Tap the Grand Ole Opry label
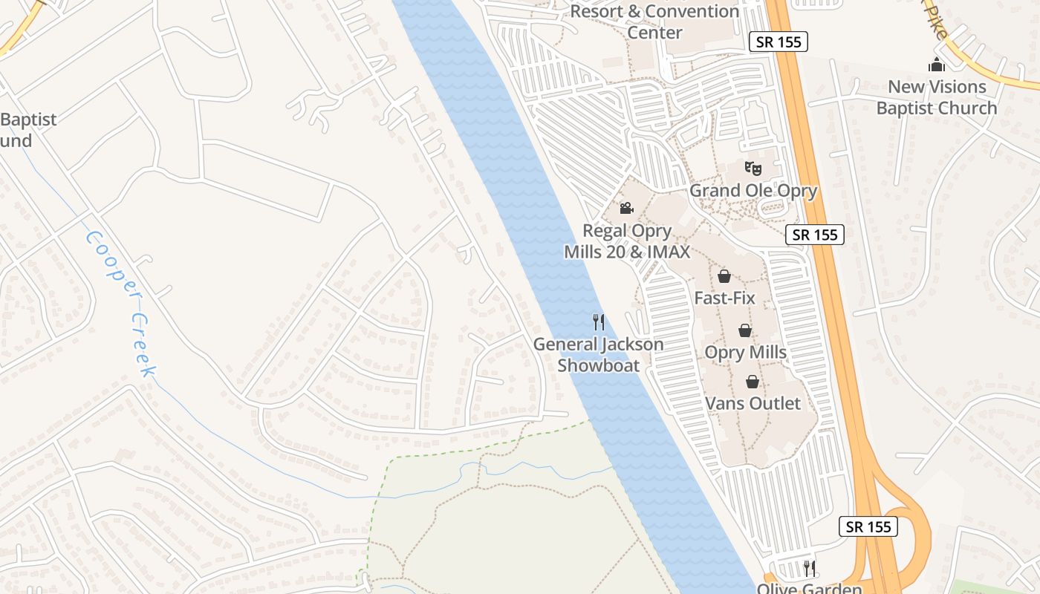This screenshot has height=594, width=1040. click(753, 191)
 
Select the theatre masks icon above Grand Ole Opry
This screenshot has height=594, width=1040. click(753, 168)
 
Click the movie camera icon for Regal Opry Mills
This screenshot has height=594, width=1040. click(626, 208)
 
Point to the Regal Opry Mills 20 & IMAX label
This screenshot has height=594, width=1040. click(628, 241)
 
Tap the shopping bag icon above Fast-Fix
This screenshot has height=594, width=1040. click(724, 276)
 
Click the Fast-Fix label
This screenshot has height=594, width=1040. click(724, 298)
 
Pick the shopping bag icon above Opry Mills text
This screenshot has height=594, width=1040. click(745, 330)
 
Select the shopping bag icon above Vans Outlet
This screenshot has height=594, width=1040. click(753, 382)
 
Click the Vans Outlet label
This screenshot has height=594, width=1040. click(753, 403)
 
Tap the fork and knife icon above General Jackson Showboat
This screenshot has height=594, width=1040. click(599, 322)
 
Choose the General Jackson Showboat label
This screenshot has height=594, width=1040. click(599, 355)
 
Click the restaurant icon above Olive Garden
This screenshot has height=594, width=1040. click(810, 569)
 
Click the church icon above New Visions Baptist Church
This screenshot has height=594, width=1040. click(937, 65)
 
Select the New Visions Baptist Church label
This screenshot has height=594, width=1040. click(937, 97)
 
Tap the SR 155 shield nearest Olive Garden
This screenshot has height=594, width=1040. click(868, 526)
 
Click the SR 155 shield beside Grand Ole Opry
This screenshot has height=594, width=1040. click(815, 235)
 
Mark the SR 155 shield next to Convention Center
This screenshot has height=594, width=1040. click(778, 42)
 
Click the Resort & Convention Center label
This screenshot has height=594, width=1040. click(655, 22)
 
